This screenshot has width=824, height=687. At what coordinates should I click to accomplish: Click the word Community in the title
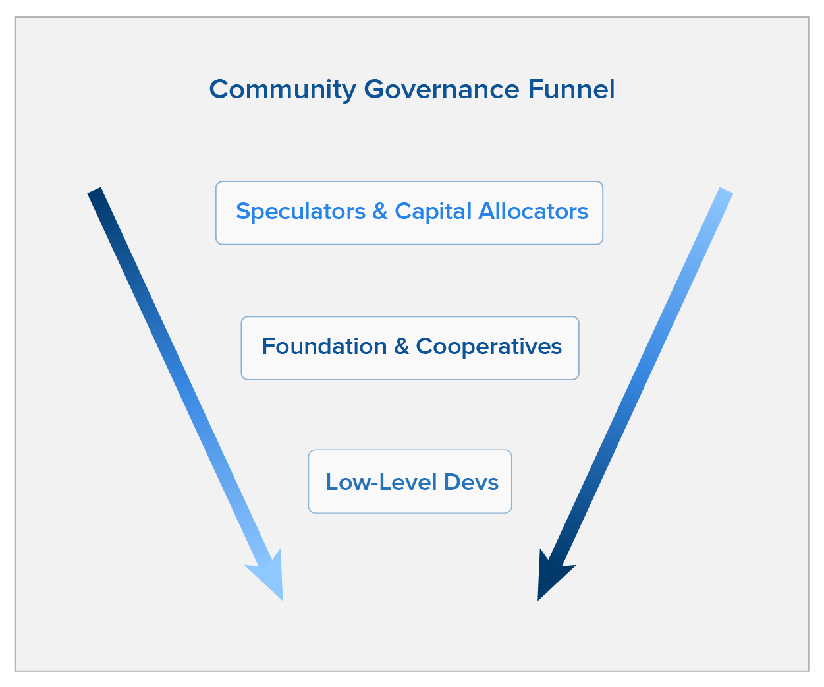click(283, 90)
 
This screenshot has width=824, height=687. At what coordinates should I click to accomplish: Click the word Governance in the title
click(441, 89)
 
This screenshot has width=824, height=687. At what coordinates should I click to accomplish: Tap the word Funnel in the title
click(571, 89)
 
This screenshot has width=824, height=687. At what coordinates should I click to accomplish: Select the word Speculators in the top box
click(301, 212)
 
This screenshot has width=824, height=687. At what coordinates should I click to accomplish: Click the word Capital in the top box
click(433, 212)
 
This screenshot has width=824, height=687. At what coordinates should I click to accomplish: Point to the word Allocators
click(533, 211)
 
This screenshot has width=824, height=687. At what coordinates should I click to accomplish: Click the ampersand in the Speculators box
click(379, 212)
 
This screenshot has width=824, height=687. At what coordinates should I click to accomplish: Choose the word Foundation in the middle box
click(324, 346)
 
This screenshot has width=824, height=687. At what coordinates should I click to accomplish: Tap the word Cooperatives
click(489, 347)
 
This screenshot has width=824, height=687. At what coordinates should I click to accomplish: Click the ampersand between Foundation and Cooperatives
click(401, 346)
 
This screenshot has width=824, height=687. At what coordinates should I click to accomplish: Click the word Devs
click(471, 482)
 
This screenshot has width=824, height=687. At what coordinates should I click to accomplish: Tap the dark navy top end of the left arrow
click(95, 191)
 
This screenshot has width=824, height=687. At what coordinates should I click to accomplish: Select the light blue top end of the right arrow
click(726, 191)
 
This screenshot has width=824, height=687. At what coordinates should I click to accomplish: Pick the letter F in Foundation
click(268, 346)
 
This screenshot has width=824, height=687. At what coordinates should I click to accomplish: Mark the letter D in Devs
click(452, 482)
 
